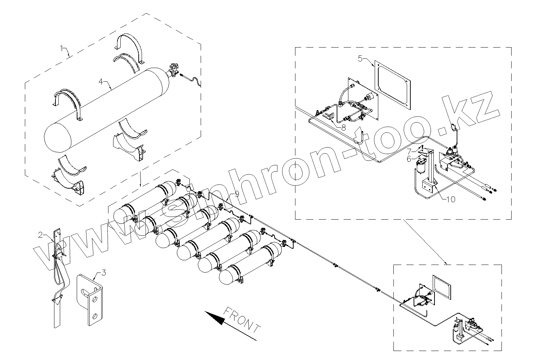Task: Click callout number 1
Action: tap(62, 48)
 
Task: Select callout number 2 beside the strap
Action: tap(41, 235)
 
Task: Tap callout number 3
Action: tap(103, 273)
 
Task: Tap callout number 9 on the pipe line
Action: tap(237, 194)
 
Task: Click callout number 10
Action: tap(451, 199)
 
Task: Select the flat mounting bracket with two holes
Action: tap(90, 299)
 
